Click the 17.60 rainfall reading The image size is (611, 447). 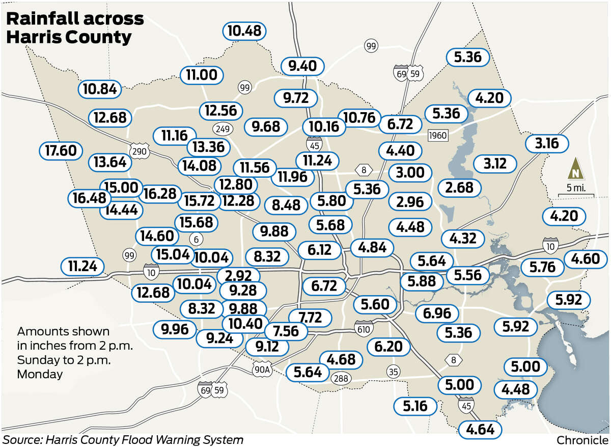[61, 151]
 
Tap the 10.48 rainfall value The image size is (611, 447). [244, 31]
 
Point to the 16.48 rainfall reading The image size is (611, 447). [90, 197]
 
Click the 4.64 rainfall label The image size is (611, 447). [480, 429]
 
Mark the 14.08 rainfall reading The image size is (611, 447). [199, 165]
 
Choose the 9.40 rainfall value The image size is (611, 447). [302, 66]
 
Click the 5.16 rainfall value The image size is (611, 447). [415, 406]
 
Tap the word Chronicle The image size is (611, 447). [582, 439]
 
